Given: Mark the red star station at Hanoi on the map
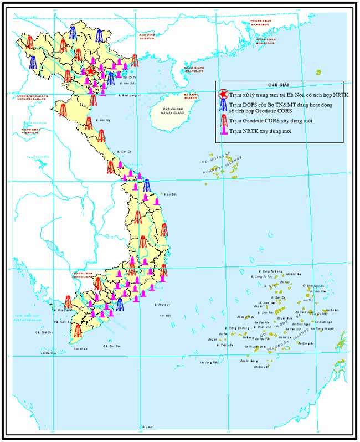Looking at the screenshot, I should [x=91, y=71].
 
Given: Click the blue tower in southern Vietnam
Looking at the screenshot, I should [x=120, y=304].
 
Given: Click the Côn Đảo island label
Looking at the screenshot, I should [x=115, y=346].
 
